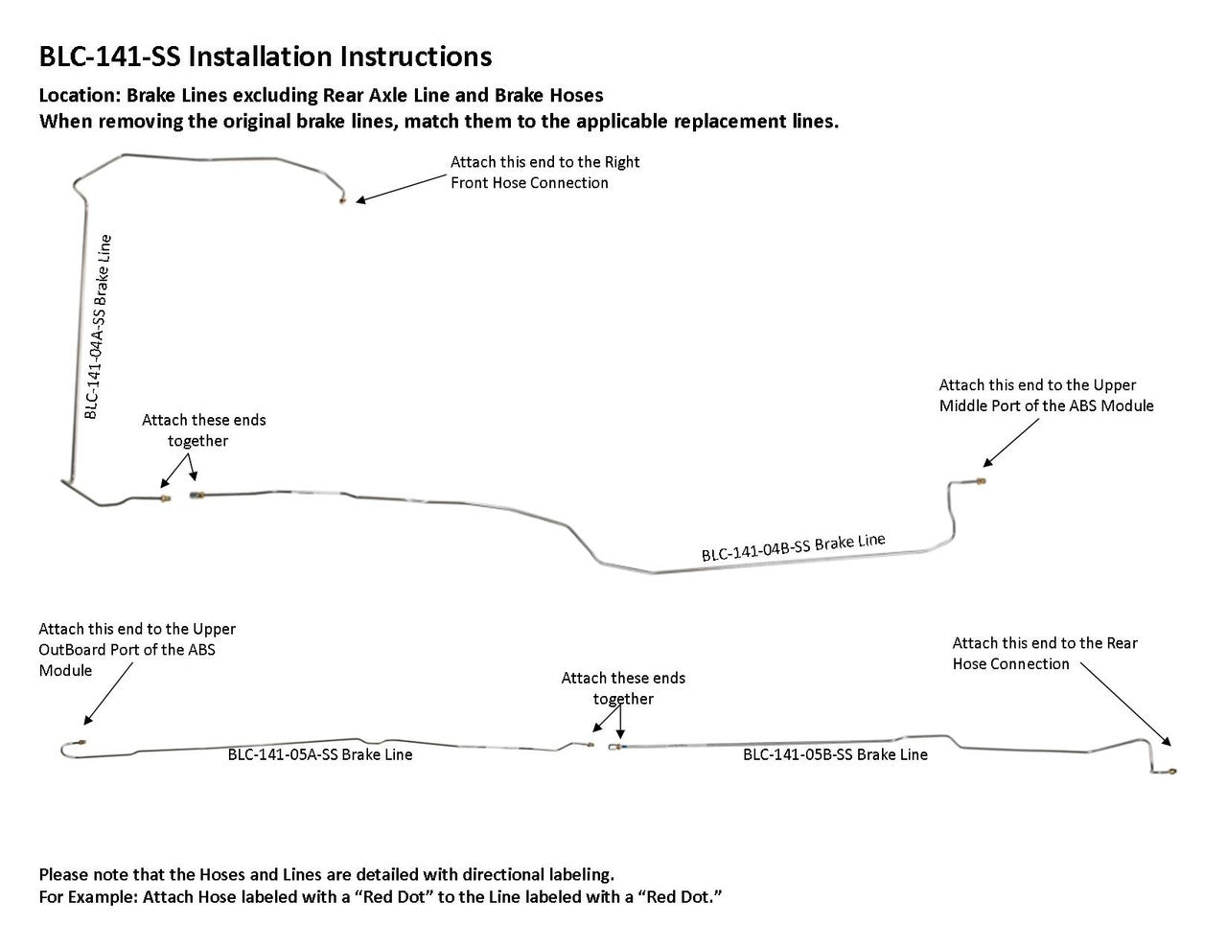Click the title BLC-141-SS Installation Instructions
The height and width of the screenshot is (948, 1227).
[265, 57]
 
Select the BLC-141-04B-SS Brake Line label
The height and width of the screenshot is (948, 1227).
[793, 547]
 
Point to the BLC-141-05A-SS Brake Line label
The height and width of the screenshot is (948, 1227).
[320, 754]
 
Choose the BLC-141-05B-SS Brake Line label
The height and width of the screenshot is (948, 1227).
[835, 754]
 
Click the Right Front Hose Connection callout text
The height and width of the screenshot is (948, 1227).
[544, 173]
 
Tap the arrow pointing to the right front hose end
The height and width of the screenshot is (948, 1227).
[403, 187]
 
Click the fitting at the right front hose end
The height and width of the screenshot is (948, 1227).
[342, 201]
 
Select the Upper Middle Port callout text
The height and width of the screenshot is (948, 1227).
[1046, 395]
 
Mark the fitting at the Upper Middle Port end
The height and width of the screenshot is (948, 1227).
[982, 478]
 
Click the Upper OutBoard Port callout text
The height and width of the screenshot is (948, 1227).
[137, 650]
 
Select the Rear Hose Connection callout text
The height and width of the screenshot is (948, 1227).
[1045, 654]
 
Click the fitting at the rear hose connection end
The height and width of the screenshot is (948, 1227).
[1172, 771]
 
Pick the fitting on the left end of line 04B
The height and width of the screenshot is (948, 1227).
[197, 496]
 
